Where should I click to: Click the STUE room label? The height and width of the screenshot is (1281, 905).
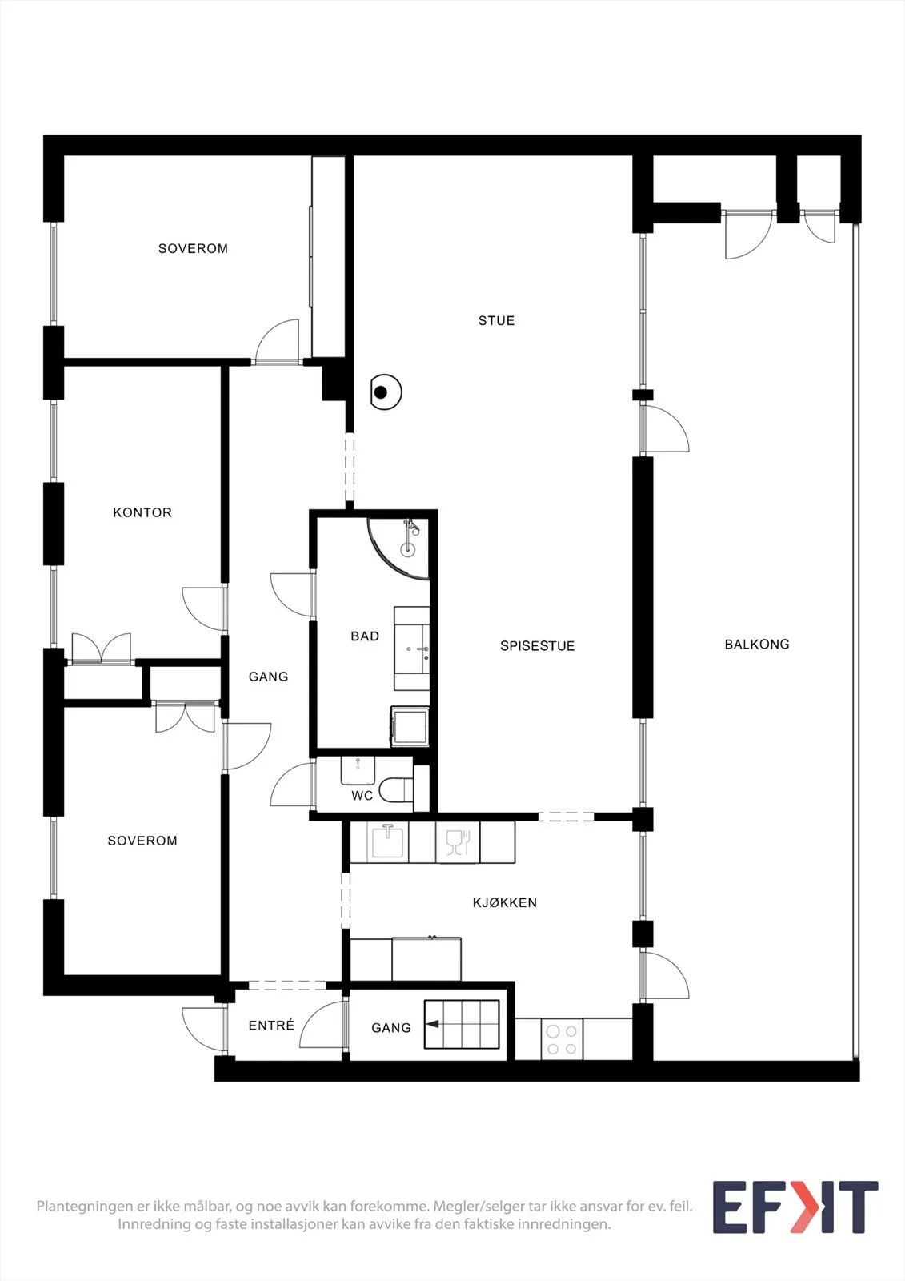pyautogui.click(x=496, y=321)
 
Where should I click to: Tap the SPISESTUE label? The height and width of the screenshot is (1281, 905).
pyautogui.click(x=538, y=645)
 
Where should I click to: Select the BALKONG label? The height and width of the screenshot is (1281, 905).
pyautogui.click(x=757, y=645)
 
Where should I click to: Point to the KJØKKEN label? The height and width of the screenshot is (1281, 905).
pyautogui.click(x=504, y=902)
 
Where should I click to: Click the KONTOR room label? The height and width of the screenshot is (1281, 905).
pyautogui.click(x=142, y=512)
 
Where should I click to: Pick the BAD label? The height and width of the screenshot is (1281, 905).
pyautogui.click(x=365, y=636)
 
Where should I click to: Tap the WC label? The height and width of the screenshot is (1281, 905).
pyautogui.click(x=362, y=796)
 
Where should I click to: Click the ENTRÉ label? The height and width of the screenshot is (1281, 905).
pyautogui.click(x=271, y=1026)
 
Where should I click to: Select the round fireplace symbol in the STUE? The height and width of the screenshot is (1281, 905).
pyautogui.click(x=386, y=392)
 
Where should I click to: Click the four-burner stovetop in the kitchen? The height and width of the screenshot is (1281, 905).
pyautogui.click(x=562, y=1040)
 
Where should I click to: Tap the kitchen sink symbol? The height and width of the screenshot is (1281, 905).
pyautogui.click(x=387, y=841)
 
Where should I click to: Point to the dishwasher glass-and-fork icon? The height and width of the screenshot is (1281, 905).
pyautogui.click(x=458, y=842)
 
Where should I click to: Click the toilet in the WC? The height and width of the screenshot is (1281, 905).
pyautogui.click(x=396, y=789)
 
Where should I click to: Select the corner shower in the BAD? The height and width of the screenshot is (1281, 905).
pyautogui.click(x=399, y=548)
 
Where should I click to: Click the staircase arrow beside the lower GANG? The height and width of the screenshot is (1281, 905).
pyautogui.click(x=433, y=1024)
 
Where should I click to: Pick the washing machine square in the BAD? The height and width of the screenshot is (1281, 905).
pyautogui.click(x=410, y=726)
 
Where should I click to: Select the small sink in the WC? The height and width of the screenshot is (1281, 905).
pyautogui.click(x=358, y=770)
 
